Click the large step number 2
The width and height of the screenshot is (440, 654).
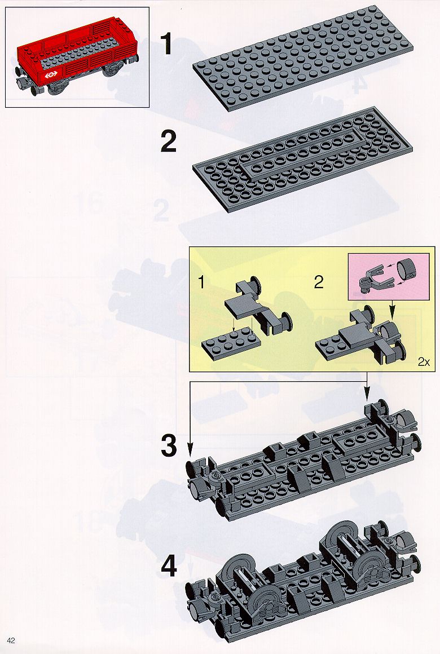tap(169, 142)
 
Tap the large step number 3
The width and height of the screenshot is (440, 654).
tap(169, 445)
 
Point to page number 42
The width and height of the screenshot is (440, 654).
tap(11, 640)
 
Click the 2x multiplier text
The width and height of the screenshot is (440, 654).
tap(424, 361)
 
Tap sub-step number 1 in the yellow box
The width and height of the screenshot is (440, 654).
tap(201, 282)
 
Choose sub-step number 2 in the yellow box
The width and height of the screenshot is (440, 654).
tap(319, 282)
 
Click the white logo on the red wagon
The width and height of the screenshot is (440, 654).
tap(51, 75)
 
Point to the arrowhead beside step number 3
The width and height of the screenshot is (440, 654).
tap(190, 451)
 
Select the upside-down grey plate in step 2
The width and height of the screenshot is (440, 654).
tap(303, 160)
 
